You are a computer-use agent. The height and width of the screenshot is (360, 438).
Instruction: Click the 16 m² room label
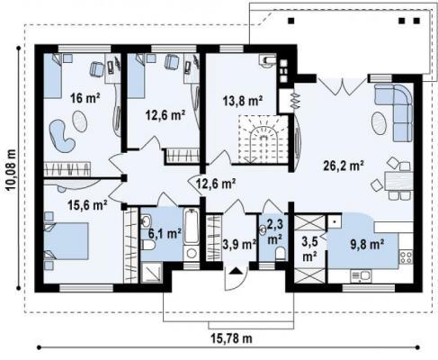[x=85, y=98]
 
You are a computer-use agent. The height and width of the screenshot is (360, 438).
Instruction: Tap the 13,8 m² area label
[x=243, y=101]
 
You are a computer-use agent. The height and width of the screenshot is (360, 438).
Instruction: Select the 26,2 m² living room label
[x=344, y=166]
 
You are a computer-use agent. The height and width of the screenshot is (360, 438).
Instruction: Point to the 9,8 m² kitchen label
[x=367, y=245]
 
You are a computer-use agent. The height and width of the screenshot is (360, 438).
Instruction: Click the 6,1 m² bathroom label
[x=165, y=233]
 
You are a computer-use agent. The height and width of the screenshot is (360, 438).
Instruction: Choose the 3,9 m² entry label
[x=239, y=245]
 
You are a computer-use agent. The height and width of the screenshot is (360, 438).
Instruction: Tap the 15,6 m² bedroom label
[x=87, y=205]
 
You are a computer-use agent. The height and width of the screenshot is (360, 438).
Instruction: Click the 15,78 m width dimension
[x=231, y=338]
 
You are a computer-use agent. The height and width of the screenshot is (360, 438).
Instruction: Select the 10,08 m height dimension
[x=12, y=170]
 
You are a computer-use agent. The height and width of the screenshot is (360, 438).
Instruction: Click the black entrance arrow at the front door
[x=236, y=271]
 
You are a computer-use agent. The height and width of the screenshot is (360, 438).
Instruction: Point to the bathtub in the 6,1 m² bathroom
[x=192, y=227]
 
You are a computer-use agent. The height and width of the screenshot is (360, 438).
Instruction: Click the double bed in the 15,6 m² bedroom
[x=67, y=240]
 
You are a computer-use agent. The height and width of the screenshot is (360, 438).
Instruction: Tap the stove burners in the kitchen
[x=406, y=257]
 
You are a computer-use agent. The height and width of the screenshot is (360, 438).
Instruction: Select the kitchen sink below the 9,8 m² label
[x=361, y=275]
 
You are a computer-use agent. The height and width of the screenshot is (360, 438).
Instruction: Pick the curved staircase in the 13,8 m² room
[x=263, y=139]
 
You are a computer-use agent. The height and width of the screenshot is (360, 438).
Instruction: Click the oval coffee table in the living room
[x=379, y=122]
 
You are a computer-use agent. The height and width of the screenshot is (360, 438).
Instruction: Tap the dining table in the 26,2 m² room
[x=398, y=181]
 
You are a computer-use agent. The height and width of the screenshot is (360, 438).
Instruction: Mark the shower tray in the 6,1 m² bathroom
[x=151, y=273]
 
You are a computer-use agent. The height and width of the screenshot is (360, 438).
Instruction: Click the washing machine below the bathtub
[x=192, y=254]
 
